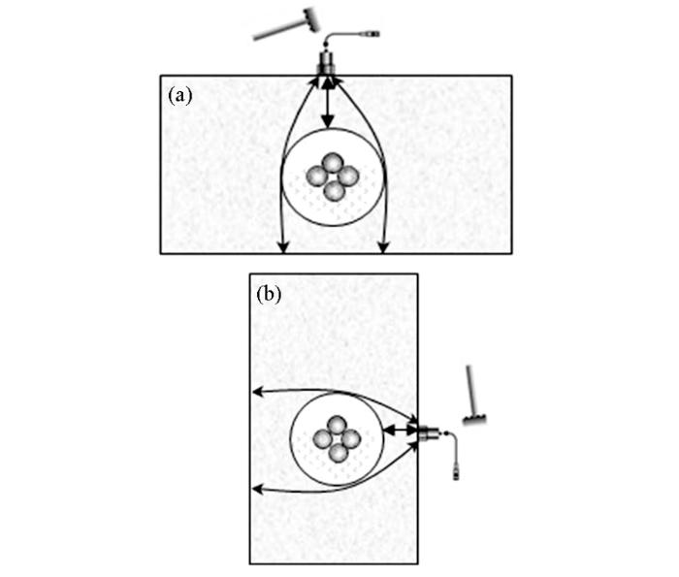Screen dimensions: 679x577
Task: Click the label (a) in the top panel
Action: coord(179,96)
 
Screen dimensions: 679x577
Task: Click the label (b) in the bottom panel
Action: coord(269,295)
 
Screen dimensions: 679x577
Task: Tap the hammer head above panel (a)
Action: coord(312,19)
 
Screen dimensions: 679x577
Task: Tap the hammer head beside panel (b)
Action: coord(475,419)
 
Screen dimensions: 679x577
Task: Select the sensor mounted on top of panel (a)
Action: coord(327,64)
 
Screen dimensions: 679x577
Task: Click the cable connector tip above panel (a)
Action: coord(372,33)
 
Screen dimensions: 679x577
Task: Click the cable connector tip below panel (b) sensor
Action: coord(456,471)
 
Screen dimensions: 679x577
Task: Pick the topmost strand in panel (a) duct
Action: coord(333,164)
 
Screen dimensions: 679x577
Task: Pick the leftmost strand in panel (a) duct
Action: coord(316,176)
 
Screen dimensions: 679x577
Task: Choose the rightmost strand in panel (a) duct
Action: coord(348,176)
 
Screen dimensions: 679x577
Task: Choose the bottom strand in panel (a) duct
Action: coord(335,191)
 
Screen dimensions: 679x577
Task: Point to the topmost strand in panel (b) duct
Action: coord(337,426)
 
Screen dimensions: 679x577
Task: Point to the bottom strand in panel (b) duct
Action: coord(339,452)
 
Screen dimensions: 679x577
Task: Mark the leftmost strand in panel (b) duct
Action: coord(323,439)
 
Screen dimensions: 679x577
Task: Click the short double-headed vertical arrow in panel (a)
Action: coord(328,103)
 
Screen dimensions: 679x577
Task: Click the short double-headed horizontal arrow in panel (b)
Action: coord(401,430)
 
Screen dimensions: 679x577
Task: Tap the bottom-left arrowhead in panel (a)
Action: coord(283,247)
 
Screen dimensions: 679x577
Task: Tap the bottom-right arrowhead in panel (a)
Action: coord(383,247)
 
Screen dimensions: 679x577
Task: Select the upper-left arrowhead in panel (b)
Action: coord(258,392)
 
